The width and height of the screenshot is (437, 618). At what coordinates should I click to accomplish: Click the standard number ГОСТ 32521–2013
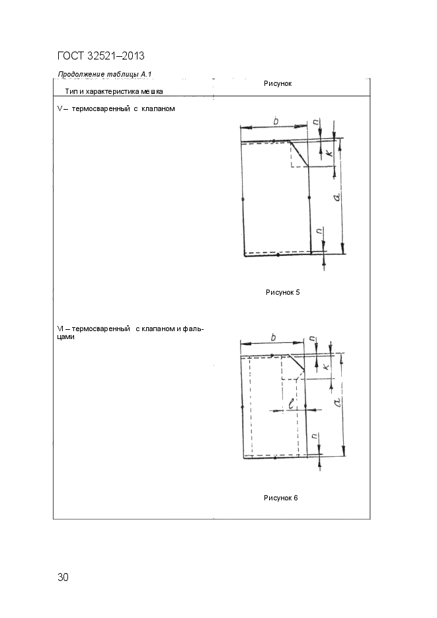(x=101, y=56)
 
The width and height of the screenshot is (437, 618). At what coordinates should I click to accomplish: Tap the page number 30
(x=63, y=577)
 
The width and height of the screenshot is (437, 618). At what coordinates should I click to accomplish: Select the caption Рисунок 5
(x=282, y=292)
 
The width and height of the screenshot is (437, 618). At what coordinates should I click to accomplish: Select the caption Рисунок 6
(x=280, y=498)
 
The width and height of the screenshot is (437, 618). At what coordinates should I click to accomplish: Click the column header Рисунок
(x=278, y=83)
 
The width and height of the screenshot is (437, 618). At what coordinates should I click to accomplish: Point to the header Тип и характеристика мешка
(x=114, y=91)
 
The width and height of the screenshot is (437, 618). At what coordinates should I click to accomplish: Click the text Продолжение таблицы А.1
(x=105, y=74)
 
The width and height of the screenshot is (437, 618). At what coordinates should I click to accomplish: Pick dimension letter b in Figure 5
(x=276, y=121)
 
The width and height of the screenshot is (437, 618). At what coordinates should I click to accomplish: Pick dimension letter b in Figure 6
(x=274, y=337)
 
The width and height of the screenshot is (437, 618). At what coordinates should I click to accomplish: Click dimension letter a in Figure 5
(x=337, y=196)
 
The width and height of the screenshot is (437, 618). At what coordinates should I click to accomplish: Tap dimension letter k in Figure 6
(x=326, y=367)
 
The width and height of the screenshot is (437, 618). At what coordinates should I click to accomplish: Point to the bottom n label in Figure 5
(x=319, y=231)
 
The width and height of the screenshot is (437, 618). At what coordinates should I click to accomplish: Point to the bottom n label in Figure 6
(x=314, y=436)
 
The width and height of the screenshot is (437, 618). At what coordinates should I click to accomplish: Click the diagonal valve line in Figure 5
(x=299, y=154)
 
